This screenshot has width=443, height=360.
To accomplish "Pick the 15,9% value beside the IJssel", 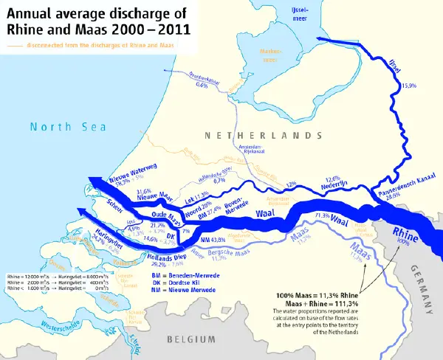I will click(x=408, y=87).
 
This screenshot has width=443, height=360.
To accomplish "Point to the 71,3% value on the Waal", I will click(x=322, y=215).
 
